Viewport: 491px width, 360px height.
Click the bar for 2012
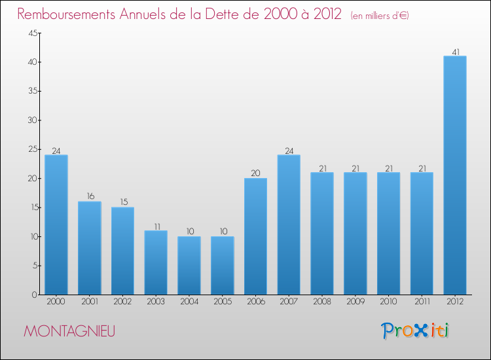[455, 175]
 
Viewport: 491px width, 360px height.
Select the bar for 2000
[56, 225]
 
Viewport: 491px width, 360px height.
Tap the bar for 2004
[189, 266]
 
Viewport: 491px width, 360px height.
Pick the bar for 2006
[255, 236]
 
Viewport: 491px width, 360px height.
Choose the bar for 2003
[156, 262]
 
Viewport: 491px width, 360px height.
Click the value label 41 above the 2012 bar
[456, 52]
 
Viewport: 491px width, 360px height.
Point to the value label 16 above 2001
[90, 196]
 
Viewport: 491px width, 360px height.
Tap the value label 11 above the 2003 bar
[157, 226]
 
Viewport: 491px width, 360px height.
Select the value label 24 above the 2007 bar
[289, 151]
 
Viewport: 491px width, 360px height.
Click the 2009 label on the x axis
[355, 302]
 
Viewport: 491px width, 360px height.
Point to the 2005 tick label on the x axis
[223, 302]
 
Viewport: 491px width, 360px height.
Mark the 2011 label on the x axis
[422, 302]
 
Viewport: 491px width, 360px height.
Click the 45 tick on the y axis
[33, 33]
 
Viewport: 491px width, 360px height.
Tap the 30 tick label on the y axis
[33, 120]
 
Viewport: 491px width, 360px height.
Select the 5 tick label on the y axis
[35, 266]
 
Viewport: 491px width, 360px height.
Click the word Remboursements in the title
[66, 14]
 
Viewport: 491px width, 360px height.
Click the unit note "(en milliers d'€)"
[380, 16]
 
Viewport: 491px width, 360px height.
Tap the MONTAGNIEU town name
[69, 331]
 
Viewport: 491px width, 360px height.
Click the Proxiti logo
[415, 331]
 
